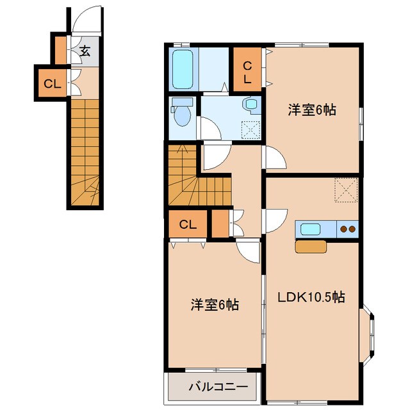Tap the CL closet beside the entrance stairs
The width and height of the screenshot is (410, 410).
coord(51,83)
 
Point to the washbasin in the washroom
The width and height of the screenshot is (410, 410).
coord(250,104)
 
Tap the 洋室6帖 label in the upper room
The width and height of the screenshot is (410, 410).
coord(312,110)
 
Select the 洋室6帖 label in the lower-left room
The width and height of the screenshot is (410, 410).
coord(215,305)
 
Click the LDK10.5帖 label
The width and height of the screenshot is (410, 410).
coord(311,297)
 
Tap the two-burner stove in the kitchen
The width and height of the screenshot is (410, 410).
coord(347,229)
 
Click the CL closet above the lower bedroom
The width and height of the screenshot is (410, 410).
coord(187,224)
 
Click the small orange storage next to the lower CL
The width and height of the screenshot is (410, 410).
coord(220,224)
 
